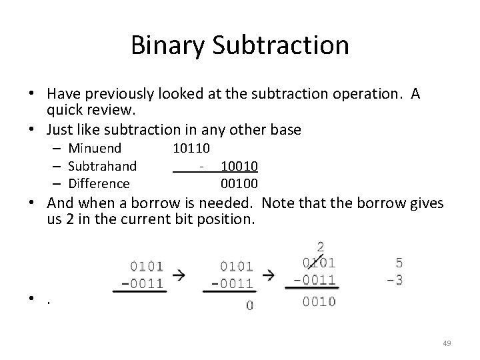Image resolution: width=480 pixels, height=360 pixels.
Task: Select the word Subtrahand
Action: (102, 165)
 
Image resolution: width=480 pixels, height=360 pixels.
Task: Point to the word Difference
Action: (99, 183)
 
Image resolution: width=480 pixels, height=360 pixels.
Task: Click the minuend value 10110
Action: (191, 148)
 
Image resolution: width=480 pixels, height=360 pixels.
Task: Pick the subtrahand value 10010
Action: (239, 165)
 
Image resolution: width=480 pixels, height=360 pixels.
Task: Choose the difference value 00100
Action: (239, 183)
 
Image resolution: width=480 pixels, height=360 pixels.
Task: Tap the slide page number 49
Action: (447, 343)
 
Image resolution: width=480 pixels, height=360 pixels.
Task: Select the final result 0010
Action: (319, 301)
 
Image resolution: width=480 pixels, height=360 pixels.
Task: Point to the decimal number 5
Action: (399, 263)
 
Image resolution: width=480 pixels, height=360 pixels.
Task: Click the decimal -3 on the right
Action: (394, 280)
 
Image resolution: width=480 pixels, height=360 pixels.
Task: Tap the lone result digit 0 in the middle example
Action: (249, 305)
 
